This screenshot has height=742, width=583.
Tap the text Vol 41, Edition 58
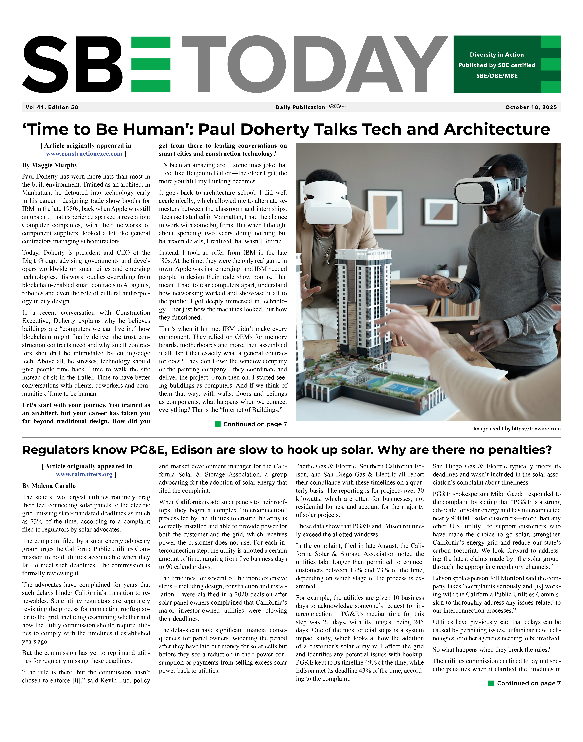click(x=52, y=107)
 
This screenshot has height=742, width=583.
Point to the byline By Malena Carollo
click(x=49, y=486)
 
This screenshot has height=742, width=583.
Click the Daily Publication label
click(x=300, y=107)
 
